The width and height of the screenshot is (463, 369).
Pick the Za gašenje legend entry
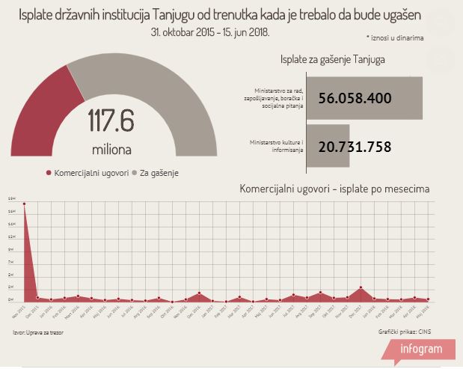(160, 173)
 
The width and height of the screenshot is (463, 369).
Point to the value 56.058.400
(355, 98)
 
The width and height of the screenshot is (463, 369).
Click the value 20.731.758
(355, 147)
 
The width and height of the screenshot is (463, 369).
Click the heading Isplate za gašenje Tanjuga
(333, 60)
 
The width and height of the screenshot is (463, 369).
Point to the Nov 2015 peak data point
(24, 203)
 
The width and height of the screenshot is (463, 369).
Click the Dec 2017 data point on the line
(361, 287)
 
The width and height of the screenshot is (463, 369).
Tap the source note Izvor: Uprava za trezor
(36, 330)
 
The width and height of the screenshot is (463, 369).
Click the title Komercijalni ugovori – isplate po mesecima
(334, 189)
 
